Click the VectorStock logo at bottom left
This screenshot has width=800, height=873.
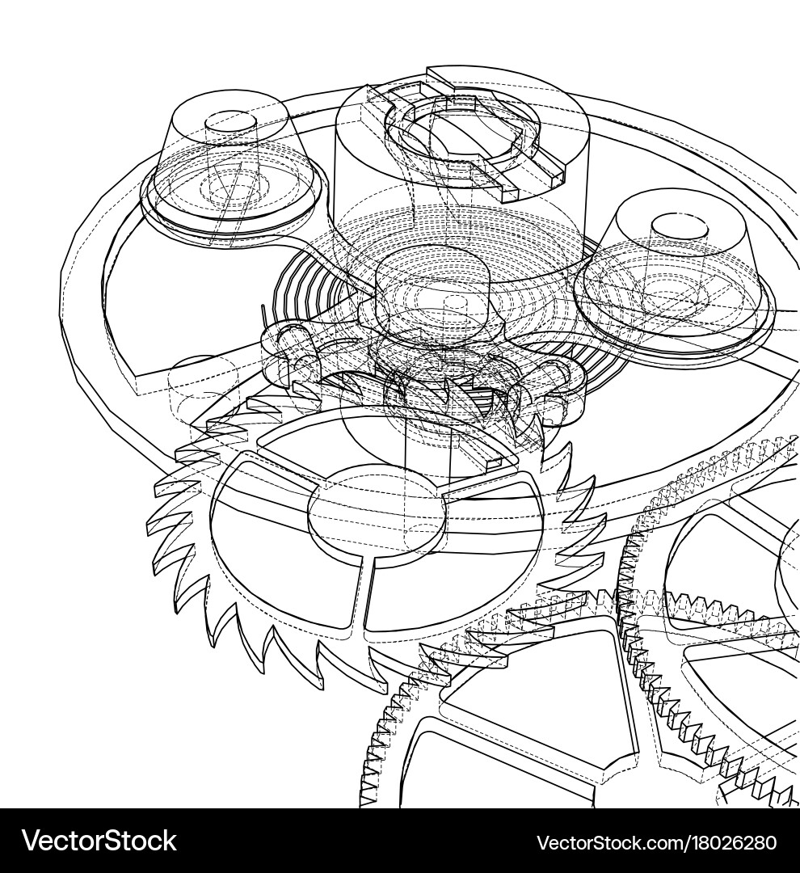tap(99, 841)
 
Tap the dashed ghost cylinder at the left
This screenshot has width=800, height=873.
tap(202, 388)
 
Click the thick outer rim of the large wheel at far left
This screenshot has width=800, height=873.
tap(81, 307)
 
